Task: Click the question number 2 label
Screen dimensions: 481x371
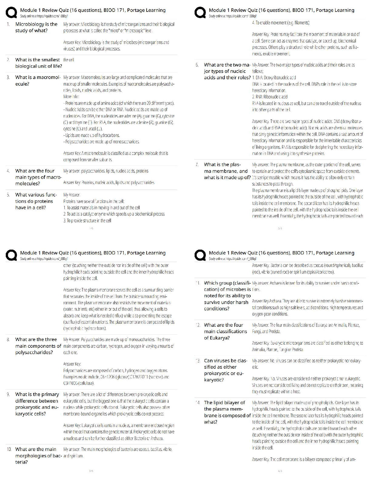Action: [x=8, y=60]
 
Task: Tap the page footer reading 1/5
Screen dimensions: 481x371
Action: [x=91, y=228]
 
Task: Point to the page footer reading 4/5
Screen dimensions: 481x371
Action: [x=280, y=471]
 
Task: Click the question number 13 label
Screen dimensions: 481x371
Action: [x=197, y=361]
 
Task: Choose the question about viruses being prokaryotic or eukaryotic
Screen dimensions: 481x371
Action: [x=225, y=370]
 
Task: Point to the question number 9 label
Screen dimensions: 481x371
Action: [x=8, y=394]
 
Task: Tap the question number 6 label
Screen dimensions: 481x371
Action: [x=197, y=65]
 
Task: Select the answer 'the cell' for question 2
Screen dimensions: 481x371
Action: [x=69, y=60]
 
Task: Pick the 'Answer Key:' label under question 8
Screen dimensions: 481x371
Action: [x=72, y=364]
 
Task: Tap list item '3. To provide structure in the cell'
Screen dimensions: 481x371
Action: [x=87, y=221]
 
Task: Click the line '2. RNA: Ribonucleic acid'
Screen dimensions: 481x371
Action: [x=270, y=97]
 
